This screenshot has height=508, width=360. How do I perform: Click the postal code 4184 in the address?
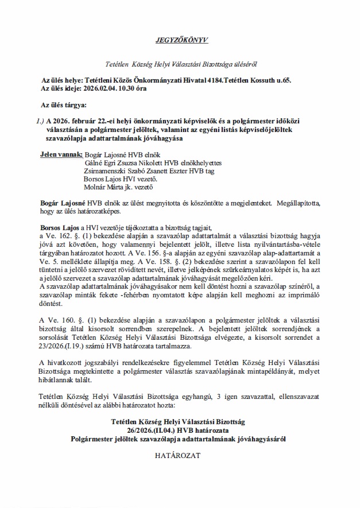[226, 82]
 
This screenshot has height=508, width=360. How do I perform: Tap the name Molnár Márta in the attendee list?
[102, 187]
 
